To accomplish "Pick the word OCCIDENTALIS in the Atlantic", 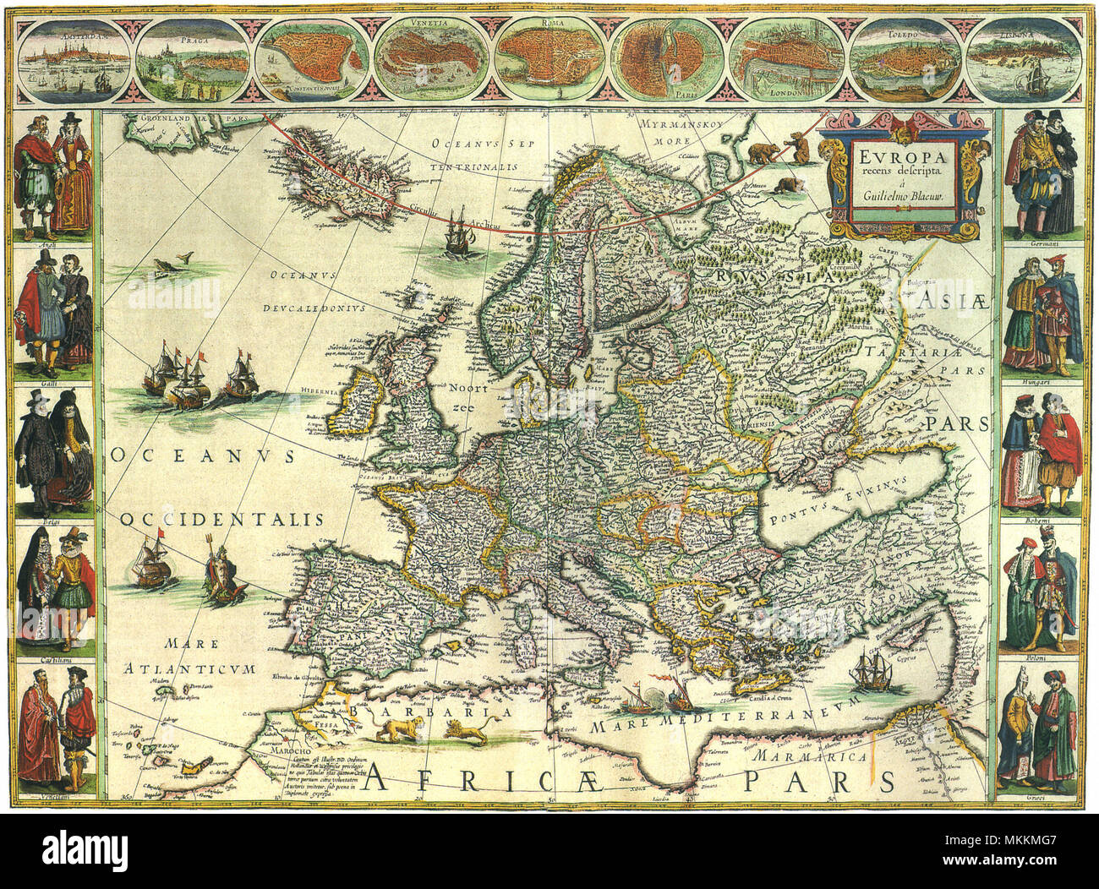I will pyautogui.click(x=221, y=519).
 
